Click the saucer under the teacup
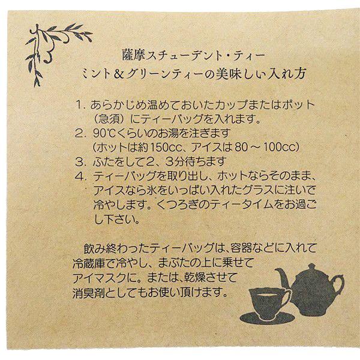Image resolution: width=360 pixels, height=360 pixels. (x=267, y=316)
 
